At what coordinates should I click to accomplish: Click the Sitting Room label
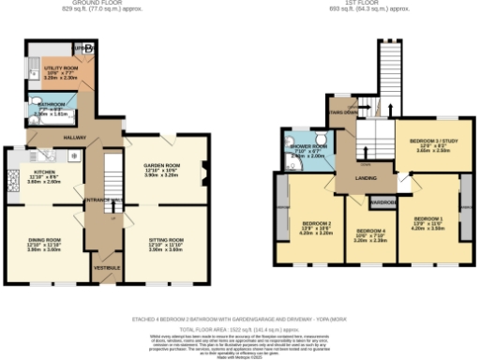[166, 244]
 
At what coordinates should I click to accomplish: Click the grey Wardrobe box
[382, 202]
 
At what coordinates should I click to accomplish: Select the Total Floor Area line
[240, 331]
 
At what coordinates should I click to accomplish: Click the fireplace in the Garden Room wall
[204, 171]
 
